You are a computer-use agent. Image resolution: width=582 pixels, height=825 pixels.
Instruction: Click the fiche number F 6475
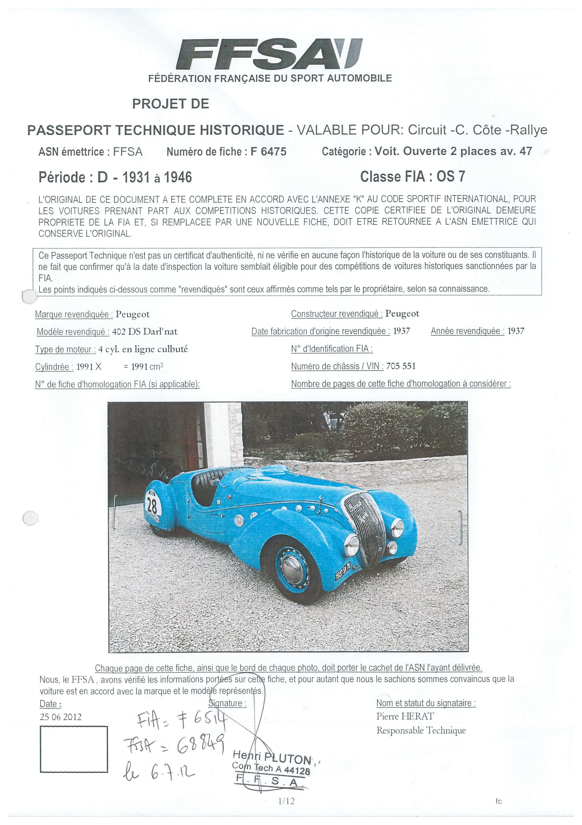[x=268, y=152]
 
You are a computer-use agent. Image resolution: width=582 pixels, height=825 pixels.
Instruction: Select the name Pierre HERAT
[x=405, y=716]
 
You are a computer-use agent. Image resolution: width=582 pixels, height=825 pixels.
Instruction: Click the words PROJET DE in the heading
[x=170, y=104]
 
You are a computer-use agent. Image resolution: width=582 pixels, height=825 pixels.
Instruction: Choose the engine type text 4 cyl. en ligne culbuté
[x=143, y=349]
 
